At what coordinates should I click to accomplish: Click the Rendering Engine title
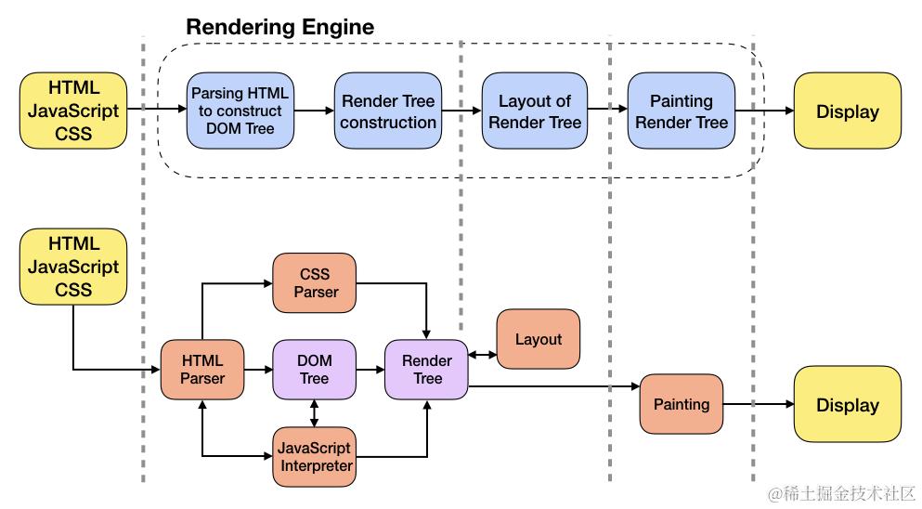[280, 27]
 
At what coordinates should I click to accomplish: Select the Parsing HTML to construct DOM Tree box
[239, 111]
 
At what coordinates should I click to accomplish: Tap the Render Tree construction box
[387, 111]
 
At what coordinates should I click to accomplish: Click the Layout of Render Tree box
[535, 111]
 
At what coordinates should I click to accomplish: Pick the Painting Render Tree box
[681, 111]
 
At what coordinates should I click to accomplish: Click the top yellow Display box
[847, 111]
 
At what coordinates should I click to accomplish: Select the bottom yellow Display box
[847, 404]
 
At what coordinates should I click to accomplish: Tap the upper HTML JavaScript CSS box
[73, 111]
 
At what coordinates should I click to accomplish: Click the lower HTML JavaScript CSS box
[73, 267]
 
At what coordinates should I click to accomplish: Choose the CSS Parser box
[315, 283]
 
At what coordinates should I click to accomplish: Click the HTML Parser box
[201, 370]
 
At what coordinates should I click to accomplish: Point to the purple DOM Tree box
[315, 370]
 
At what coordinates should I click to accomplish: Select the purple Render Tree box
[427, 370]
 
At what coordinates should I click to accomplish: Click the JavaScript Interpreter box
[315, 457]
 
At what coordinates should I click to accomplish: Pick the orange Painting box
[682, 404]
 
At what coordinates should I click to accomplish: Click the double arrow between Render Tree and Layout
[483, 355]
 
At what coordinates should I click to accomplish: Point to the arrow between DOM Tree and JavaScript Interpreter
[315, 413]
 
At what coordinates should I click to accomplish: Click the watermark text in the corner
[841, 493]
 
